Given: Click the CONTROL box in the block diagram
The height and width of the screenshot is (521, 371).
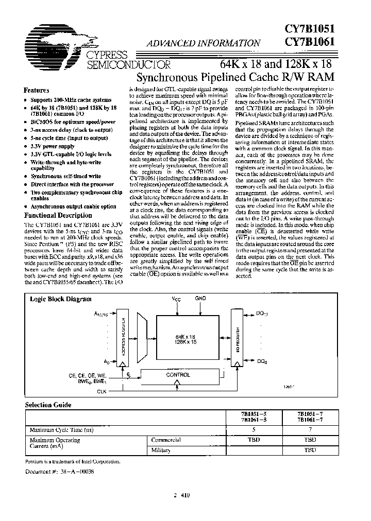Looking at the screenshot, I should point(178,375).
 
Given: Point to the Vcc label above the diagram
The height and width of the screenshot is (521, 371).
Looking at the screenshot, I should point(177,299).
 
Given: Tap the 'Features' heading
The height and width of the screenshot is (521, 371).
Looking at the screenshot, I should point(37,89).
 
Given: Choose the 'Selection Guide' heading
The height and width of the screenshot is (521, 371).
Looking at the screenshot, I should point(48,405).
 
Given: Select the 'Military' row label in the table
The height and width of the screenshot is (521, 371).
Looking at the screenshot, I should point(161,450).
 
